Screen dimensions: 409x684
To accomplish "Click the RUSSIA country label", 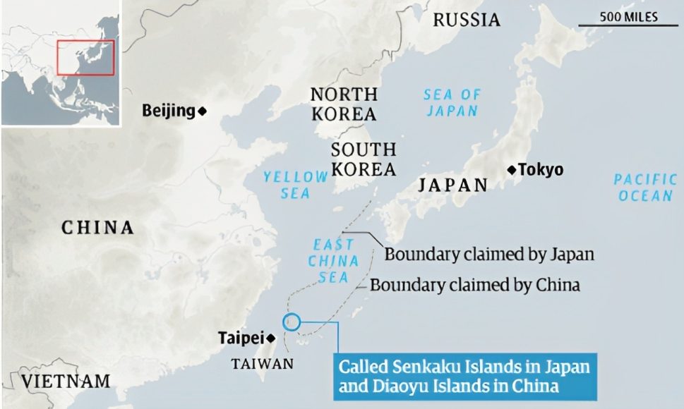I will (x=466, y=20).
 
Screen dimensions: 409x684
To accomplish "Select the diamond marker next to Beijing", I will (x=202, y=111).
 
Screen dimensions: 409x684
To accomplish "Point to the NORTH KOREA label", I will (x=344, y=104).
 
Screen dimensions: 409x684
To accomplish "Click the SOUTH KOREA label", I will (x=364, y=159).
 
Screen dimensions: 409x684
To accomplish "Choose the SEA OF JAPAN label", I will (x=452, y=102).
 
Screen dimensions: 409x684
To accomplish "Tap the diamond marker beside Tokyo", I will (x=512, y=169).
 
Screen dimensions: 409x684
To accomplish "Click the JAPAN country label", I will (x=452, y=185).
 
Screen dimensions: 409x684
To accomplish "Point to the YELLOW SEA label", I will (x=296, y=185).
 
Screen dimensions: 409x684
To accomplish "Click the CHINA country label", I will (x=97, y=228).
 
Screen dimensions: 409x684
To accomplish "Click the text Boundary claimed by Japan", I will (x=489, y=254).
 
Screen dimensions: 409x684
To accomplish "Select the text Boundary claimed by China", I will (x=474, y=285).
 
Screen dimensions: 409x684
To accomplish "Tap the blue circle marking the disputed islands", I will (x=291, y=322).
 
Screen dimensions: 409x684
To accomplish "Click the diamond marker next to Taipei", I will (x=270, y=338).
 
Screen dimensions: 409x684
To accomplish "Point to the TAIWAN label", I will (x=262, y=364).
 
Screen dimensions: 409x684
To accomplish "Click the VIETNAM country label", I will (x=66, y=381).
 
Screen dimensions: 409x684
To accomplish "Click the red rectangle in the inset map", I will (x=85, y=57).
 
